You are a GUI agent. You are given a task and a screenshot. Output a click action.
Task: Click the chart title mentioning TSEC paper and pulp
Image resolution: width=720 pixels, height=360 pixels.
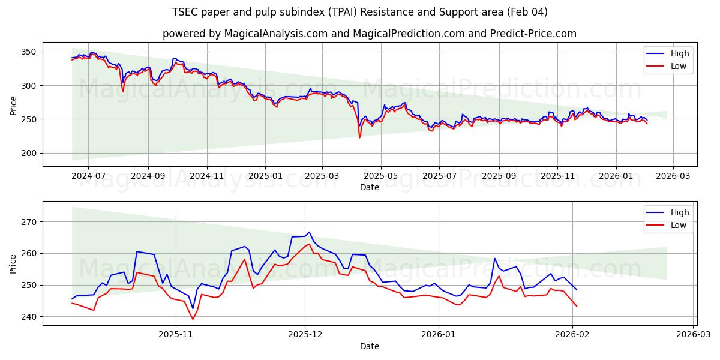360,12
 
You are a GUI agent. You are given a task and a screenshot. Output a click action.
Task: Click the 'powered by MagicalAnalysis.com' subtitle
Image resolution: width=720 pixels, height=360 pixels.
369,34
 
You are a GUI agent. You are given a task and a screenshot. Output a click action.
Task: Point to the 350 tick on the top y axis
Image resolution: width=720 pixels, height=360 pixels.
30,52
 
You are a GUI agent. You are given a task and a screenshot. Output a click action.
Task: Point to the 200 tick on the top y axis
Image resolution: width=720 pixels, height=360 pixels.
30,154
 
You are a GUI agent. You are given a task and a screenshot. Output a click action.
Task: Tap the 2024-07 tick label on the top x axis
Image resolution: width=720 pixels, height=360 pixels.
88,176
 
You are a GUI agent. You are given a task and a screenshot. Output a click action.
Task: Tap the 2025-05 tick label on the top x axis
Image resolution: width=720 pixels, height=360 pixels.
380,176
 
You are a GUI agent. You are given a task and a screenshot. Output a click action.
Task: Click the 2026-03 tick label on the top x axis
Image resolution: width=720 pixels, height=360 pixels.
673,176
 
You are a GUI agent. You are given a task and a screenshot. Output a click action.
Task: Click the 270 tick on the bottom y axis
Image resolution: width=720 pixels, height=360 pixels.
30,222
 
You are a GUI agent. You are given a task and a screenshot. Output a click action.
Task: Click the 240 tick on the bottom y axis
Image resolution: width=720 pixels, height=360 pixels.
30,317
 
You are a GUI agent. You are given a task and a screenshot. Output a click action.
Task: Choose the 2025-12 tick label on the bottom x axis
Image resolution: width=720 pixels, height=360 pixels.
305,335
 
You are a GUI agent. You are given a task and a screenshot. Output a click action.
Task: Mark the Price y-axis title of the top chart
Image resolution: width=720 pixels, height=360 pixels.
14,106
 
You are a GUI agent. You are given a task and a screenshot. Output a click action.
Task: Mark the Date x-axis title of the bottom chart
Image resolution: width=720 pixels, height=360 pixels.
369,346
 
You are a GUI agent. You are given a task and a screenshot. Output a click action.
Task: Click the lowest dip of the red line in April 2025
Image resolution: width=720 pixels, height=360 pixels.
360,138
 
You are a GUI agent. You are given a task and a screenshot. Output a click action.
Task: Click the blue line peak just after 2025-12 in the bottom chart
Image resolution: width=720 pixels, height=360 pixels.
309,232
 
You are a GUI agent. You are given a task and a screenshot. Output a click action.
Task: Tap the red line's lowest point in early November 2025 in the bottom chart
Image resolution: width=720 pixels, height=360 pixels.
193,319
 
